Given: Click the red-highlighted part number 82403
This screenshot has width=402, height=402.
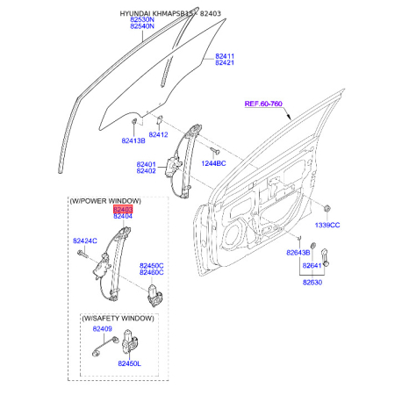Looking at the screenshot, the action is [123, 209].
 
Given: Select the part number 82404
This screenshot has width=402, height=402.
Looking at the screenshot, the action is [123, 216].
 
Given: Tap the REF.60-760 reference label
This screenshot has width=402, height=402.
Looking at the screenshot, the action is [263, 104].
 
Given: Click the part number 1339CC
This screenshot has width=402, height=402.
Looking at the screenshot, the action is [327, 225].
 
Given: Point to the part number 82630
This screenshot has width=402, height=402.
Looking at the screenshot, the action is [312, 283].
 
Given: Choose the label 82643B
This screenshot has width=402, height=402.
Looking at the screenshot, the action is [298, 253].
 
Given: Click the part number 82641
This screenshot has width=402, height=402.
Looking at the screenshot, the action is [312, 265].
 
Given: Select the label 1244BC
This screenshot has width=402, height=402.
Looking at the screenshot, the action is [213, 163].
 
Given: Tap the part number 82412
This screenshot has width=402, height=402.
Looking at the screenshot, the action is [158, 134].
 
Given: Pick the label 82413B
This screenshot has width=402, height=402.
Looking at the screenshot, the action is [133, 140].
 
